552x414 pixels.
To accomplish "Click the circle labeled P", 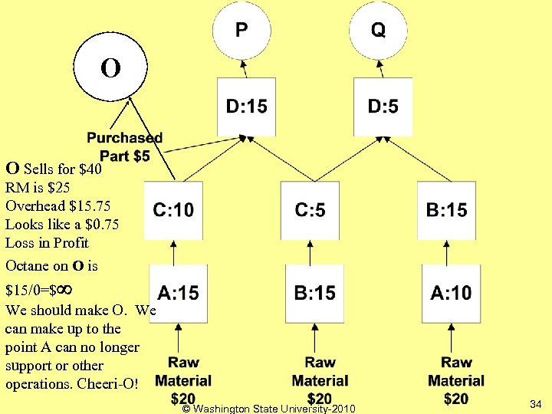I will [x=241, y=31].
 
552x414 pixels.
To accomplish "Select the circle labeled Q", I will [x=378, y=31].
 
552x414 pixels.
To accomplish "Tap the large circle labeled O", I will [x=110, y=68].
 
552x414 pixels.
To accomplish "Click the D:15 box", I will [x=246, y=106].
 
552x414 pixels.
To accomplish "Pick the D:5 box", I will [x=383, y=106].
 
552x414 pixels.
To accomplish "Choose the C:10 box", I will [x=173, y=210].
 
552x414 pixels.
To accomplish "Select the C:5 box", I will [x=310, y=210].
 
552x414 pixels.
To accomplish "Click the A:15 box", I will [x=178, y=293].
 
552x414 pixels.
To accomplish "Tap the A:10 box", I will [x=451, y=293].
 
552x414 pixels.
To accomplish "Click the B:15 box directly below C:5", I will [x=314, y=293].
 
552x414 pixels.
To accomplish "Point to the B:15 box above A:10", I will [x=446, y=210].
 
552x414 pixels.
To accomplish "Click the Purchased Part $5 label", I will [x=124, y=146].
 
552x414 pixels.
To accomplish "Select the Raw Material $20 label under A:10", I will [x=456, y=380].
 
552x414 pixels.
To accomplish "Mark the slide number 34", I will [x=535, y=403].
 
